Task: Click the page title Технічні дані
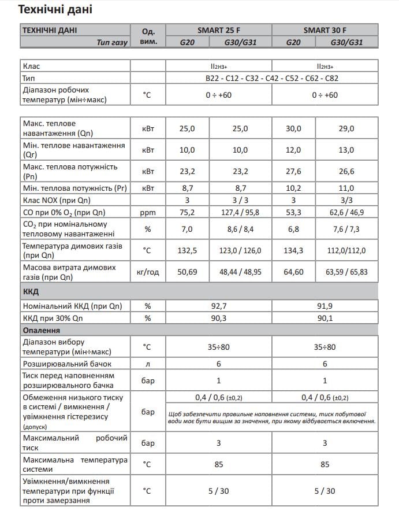[x=55, y=10]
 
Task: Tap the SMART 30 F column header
[x=325, y=30]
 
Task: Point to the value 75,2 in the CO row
[x=188, y=212]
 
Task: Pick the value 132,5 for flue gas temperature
[x=188, y=250]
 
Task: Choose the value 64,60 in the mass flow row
[x=294, y=271]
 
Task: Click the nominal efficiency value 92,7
[x=218, y=306]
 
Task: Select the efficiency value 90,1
[x=325, y=318]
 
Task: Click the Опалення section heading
[x=41, y=330]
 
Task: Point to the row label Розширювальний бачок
[x=67, y=364]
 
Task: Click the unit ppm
[x=148, y=212]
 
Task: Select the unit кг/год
[x=148, y=271]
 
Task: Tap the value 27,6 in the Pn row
[x=294, y=171]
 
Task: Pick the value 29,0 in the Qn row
[x=347, y=128]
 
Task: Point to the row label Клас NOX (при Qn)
[x=57, y=200]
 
